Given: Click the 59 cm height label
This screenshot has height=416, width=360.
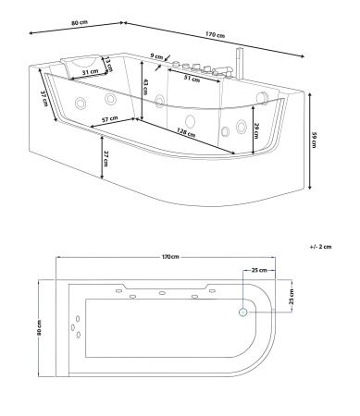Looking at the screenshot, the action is (x=314, y=140).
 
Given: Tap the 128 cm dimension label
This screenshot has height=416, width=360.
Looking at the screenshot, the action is (x=186, y=133).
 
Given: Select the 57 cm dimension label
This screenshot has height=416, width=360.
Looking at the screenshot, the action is (x=110, y=119).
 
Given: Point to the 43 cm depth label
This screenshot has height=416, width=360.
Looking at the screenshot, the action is (x=145, y=87).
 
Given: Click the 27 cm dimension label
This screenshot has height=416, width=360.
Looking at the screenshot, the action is (x=106, y=159).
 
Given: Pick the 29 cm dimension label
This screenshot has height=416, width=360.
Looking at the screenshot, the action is (x=256, y=130).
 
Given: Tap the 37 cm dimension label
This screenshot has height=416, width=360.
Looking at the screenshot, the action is (x=45, y=99).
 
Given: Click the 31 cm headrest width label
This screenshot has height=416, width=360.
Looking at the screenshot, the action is (x=91, y=72).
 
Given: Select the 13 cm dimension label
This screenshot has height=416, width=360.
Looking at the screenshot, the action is (x=107, y=64).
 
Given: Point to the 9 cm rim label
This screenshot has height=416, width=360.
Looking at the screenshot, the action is (x=156, y=56).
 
